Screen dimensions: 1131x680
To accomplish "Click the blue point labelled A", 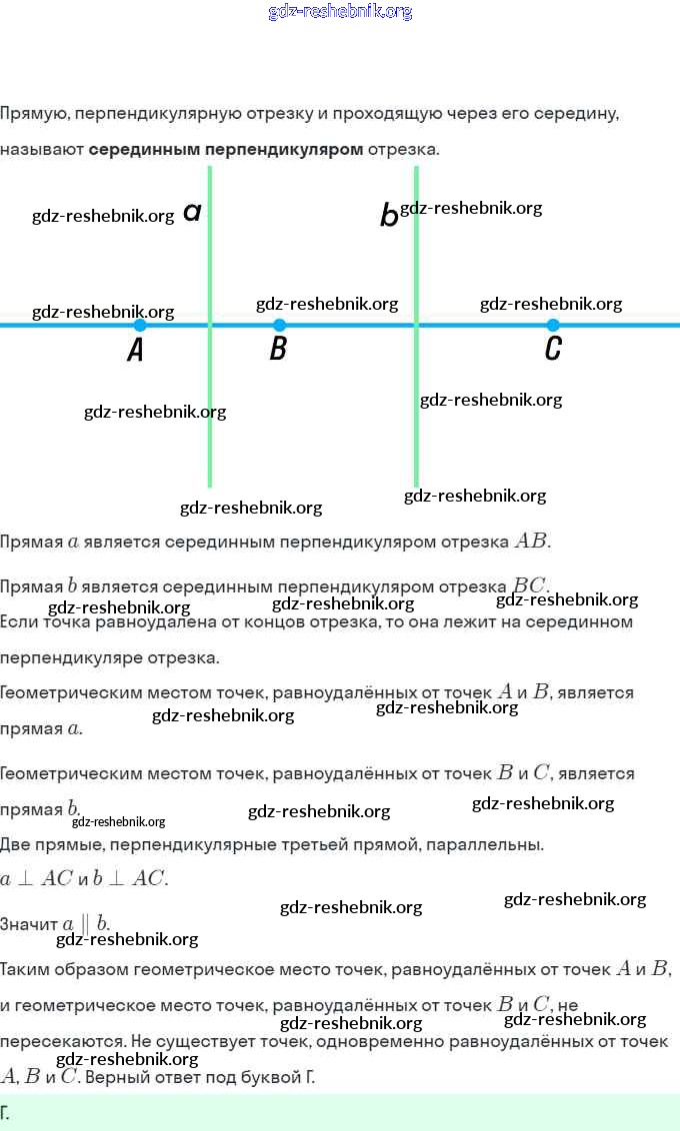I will [140, 325].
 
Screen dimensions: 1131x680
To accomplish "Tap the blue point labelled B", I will [279, 325].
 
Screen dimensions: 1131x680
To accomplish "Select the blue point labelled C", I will [553, 325].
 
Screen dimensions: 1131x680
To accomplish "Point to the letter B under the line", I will [279, 349].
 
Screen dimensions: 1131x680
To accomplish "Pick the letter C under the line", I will [553, 349].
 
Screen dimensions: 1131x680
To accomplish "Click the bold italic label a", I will [193, 212].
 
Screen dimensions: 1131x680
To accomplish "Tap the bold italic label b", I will [388, 215].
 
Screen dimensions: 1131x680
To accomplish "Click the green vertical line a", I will [210, 420].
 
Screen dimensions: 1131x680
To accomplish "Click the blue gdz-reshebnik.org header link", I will [340, 12].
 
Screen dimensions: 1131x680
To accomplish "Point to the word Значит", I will [29, 925].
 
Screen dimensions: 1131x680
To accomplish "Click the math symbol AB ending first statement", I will [531, 542].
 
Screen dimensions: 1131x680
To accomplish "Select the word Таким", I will [24, 969].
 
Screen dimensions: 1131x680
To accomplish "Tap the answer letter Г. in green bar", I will [6, 1112].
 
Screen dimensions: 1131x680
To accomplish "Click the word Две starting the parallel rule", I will [16, 845].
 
